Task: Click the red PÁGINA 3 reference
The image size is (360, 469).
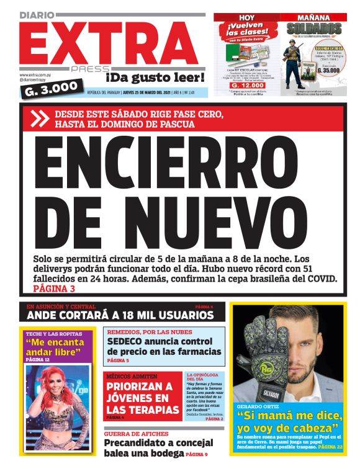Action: click(54, 288)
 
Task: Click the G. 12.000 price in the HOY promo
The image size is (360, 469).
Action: click(245, 85)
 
